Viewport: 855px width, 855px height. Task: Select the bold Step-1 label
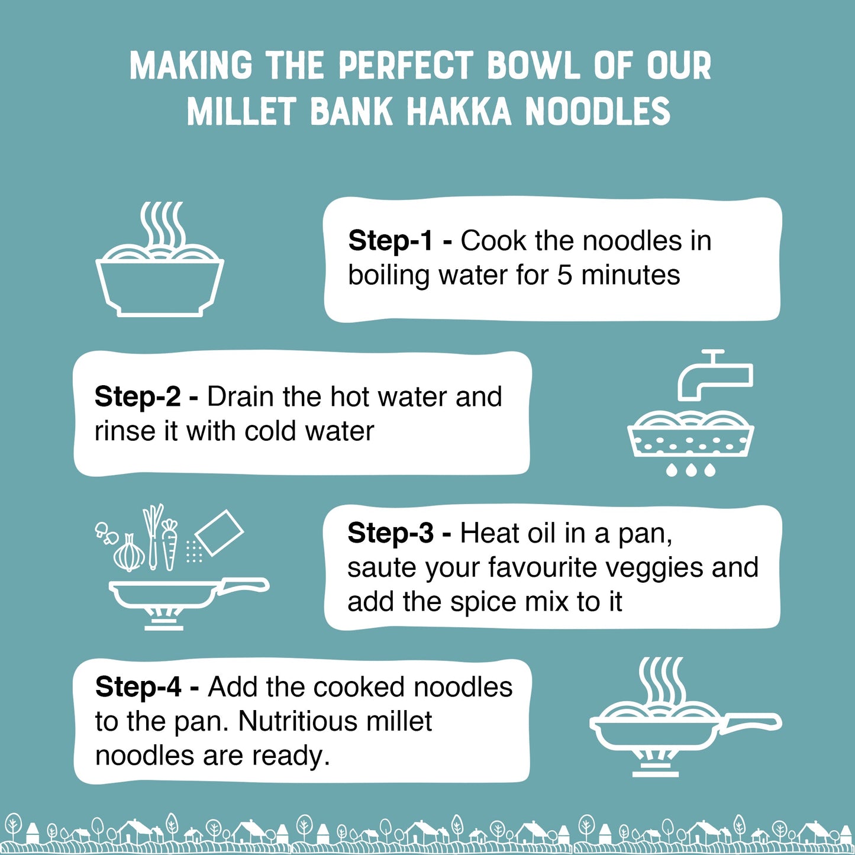pos(391,241)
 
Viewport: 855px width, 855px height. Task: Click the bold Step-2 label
pos(137,396)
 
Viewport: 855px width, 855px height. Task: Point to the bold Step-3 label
pos(391,533)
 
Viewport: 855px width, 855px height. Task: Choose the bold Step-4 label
pos(138,687)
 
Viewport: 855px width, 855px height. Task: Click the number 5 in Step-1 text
pos(564,275)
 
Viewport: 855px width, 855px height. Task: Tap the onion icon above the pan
pos(129,554)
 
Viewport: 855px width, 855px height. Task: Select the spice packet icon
pos(218,533)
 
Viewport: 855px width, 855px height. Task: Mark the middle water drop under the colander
pos(691,470)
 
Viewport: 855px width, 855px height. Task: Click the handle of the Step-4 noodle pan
pos(751,722)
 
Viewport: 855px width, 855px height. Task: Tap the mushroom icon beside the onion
pos(105,532)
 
